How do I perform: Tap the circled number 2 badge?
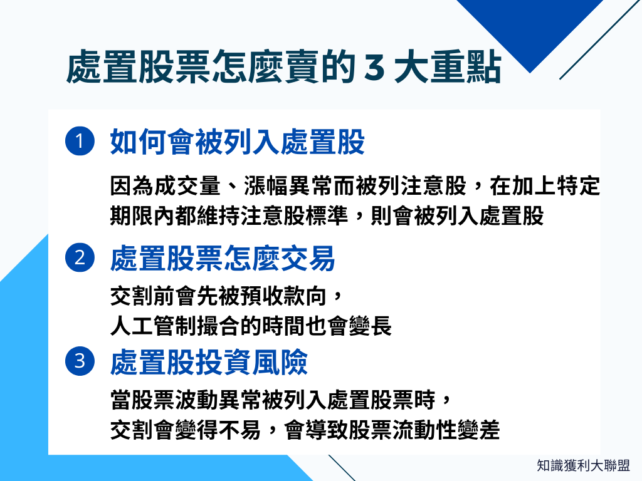pos(80,258)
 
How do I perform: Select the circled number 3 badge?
pos(80,361)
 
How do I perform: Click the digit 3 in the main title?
pos(374,68)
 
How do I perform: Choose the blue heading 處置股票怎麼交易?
pos(223,259)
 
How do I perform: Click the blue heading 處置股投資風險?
pos(209,362)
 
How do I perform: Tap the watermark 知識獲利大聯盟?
pos(583,465)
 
